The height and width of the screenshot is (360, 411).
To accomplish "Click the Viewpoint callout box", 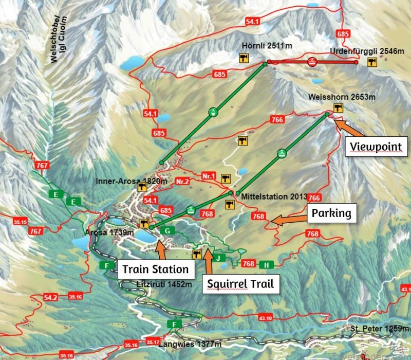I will pyautogui.click(x=375, y=147).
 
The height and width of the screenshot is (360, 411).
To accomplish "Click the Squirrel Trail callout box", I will pyautogui.click(x=240, y=283).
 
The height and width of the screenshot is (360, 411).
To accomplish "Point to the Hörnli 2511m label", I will pyautogui.click(x=267, y=46).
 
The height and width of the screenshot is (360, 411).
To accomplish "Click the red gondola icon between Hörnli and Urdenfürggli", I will pyautogui.click(x=311, y=62).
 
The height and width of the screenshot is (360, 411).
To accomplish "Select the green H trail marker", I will pyautogui.click(x=266, y=265).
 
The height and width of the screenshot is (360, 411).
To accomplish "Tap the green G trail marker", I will pyautogui.click(x=167, y=231).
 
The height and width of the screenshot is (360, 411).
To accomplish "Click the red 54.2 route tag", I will pyautogui.click(x=50, y=297).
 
